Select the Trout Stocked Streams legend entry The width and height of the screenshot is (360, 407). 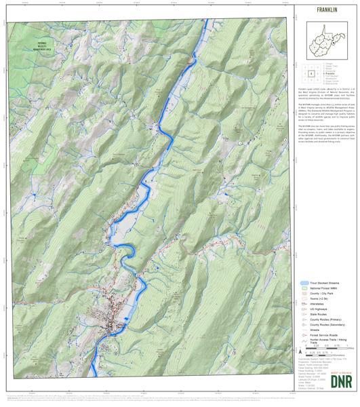pos(323,283)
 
